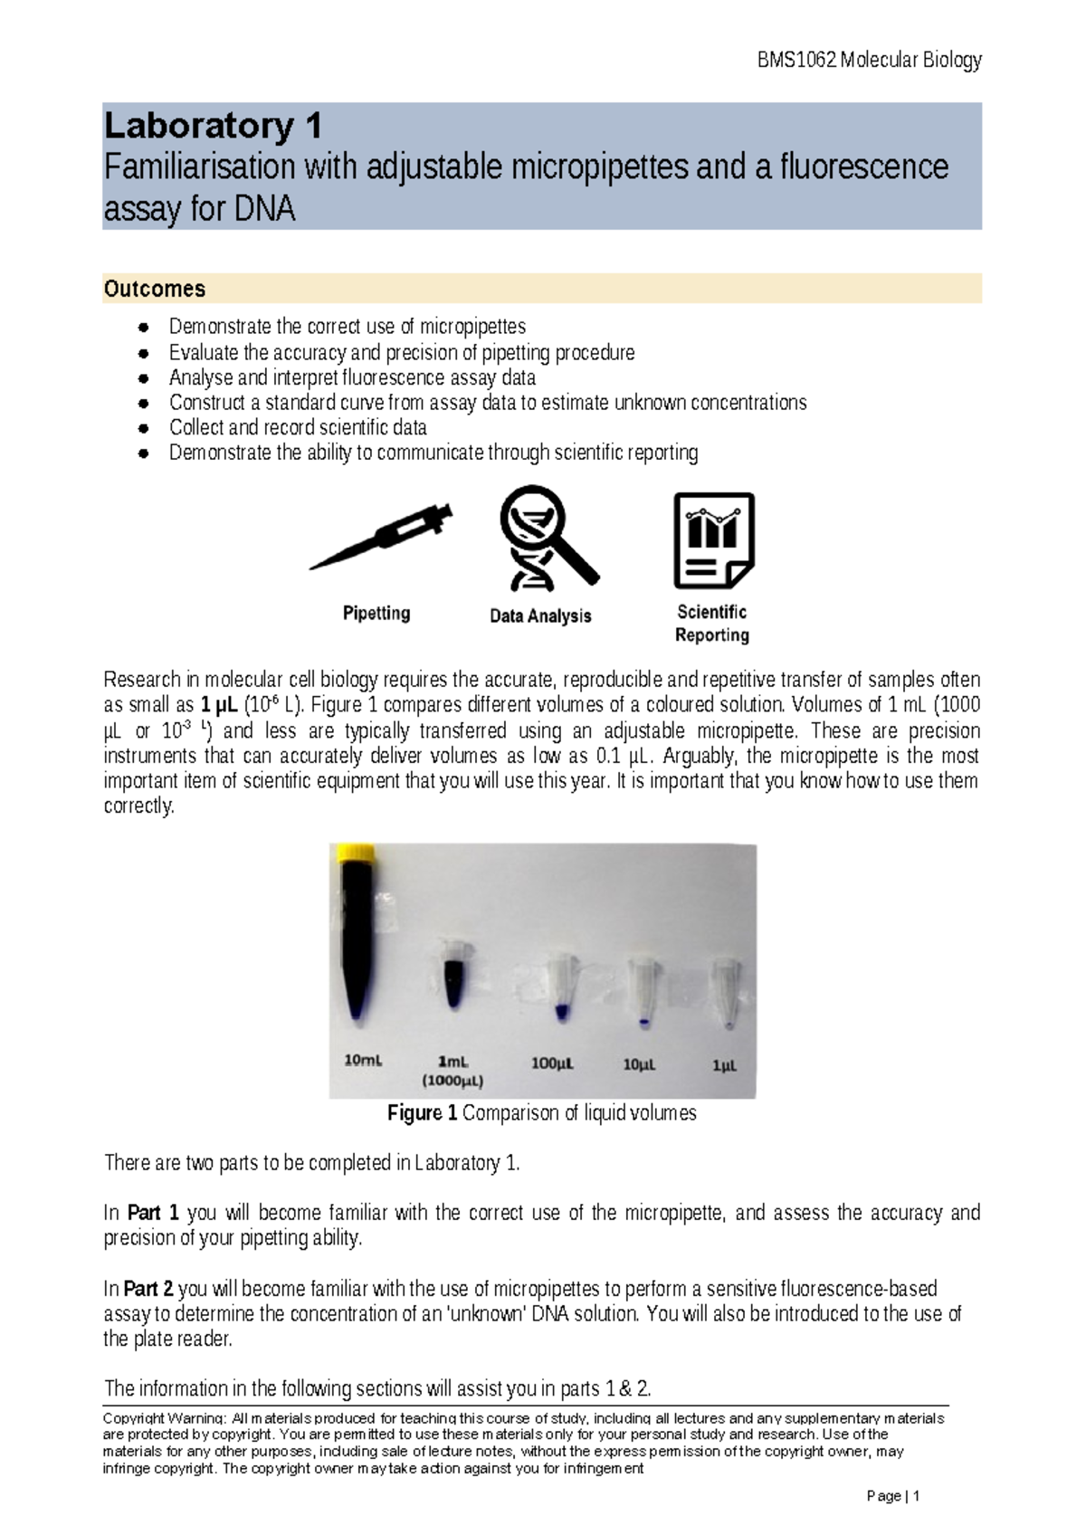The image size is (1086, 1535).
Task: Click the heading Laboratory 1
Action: [x=214, y=126]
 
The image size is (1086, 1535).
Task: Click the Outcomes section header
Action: [x=155, y=289]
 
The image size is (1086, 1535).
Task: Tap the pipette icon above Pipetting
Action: [x=381, y=539]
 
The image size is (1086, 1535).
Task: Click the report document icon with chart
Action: [x=714, y=540]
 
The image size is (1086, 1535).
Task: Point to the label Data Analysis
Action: [x=540, y=616]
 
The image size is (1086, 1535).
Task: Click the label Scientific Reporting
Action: [x=712, y=624]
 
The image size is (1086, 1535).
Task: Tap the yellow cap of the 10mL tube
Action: [x=356, y=853]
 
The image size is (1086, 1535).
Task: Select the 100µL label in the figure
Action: [x=552, y=1063]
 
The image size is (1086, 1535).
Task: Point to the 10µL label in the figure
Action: [x=639, y=1064]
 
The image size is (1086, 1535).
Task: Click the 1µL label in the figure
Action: [x=724, y=1065]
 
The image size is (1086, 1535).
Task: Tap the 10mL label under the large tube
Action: [x=363, y=1060]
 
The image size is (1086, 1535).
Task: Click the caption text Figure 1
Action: [x=422, y=1113]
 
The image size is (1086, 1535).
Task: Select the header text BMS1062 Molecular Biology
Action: [x=869, y=61]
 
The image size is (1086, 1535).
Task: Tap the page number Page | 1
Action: [x=892, y=1496]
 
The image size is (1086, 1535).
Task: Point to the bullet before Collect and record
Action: [x=143, y=428]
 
